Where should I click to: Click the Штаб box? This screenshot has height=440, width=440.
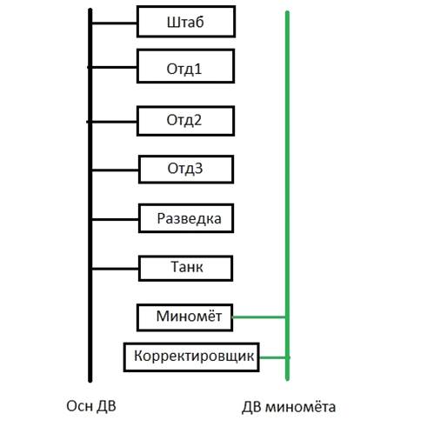(x=186, y=22)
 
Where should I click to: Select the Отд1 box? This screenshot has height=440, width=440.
(x=185, y=66)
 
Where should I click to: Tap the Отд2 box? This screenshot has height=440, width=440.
(x=185, y=121)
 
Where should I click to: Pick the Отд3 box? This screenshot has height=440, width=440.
(x=186, y=170)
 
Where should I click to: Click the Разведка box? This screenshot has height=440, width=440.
(x=186, y=218)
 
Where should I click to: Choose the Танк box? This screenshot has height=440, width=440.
(x=186, y=268)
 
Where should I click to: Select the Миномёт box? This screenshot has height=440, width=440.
(x=185, y=317)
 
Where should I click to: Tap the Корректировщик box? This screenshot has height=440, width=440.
(x=191, y=357)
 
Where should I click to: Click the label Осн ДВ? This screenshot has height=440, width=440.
(x=91, y=406)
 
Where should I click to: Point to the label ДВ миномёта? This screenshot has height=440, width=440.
(x=289, y=407)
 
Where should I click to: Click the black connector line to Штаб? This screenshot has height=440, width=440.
(x=114, y=23)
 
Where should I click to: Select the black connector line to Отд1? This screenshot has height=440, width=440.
(x=112, y=67)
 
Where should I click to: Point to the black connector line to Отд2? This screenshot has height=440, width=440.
(x=112, y=122)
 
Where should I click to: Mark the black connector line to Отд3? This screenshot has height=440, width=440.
(x=115, y=170)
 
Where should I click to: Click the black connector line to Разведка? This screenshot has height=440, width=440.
(x=115, y=220)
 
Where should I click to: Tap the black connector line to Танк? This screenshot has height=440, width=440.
(x=115, y=269)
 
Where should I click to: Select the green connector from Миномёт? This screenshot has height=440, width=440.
(x=259, y=317)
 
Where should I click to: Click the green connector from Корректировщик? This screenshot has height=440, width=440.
(x=274, y=357)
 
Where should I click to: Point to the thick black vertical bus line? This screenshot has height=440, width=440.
(x=90, y=196)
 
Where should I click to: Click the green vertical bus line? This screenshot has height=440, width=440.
(x=287, y=196)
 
